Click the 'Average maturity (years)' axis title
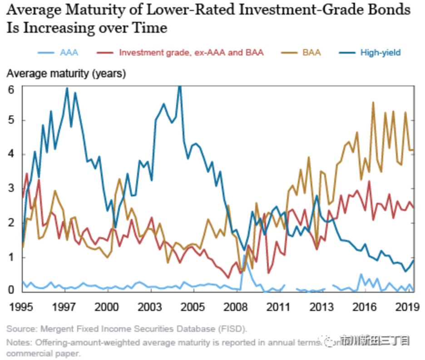(66, 73)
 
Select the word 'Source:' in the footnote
(21, 329)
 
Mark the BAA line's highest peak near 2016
(373, 102)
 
